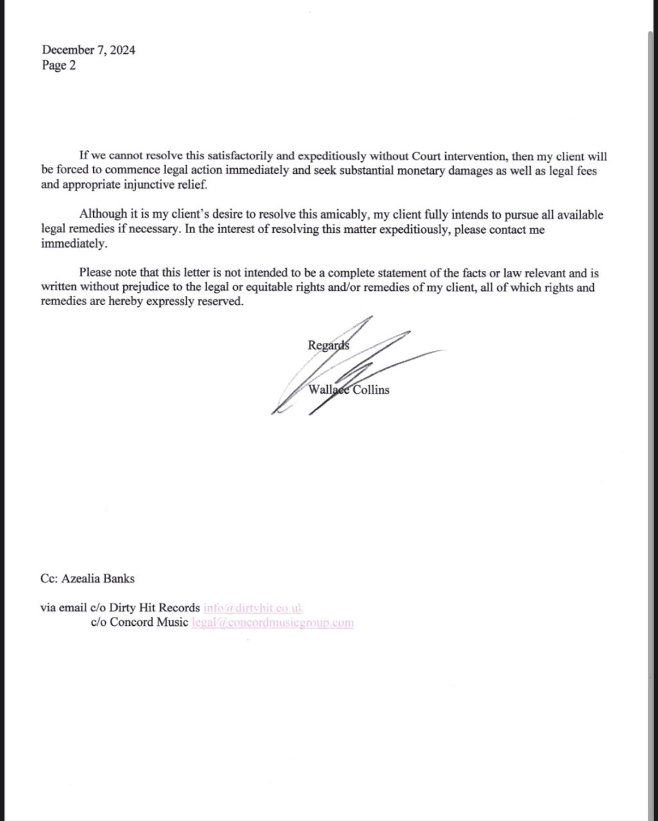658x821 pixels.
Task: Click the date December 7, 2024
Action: click(x=89, y=50)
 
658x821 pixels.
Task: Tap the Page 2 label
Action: click(x=58, y=65)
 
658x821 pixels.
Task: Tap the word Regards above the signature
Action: click(x=328, y=345)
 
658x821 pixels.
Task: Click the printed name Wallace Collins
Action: click(x=349, y=390)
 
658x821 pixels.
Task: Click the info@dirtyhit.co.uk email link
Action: click(x=253, y=607)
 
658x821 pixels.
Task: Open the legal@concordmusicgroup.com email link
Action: click(x=272, y=622)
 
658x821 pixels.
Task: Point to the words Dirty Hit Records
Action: click(x=154, y=607)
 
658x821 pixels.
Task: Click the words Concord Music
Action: click(x=149, y=622)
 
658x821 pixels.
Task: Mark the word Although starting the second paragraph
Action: click(x=103, y=215)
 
